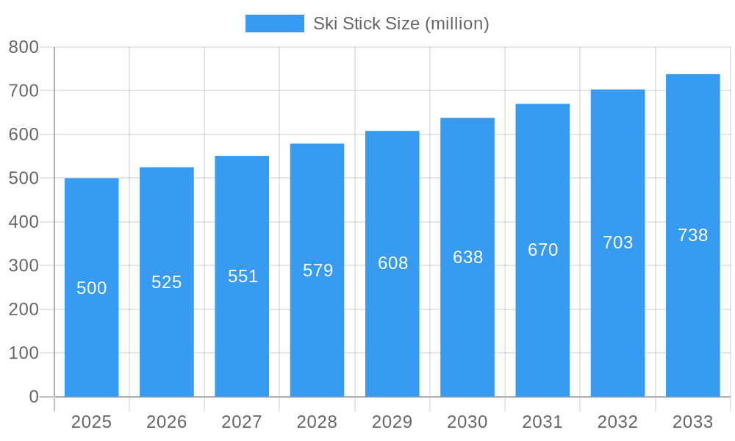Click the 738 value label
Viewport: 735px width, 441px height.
[692, 235]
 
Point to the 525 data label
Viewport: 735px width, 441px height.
[167, 282]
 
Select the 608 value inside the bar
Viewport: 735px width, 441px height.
[392, 263]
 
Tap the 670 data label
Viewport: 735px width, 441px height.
[542, 250]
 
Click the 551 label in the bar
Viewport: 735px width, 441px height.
[243, 276]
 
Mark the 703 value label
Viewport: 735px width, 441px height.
[617, 243]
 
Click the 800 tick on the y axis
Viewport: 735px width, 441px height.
[24, 47]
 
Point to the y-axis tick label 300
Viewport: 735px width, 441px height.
[24, 265]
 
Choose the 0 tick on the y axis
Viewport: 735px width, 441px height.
[33, 397]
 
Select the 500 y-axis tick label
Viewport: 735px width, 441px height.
[24, 178]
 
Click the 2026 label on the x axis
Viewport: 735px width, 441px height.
[167, 422]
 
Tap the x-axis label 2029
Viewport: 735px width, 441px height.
[392, 422]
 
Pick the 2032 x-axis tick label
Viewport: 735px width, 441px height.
[617, 422]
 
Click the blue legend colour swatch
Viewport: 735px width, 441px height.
[274, 24]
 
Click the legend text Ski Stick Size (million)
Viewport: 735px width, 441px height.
[401, 24]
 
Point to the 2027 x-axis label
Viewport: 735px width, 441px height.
[242, 422]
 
